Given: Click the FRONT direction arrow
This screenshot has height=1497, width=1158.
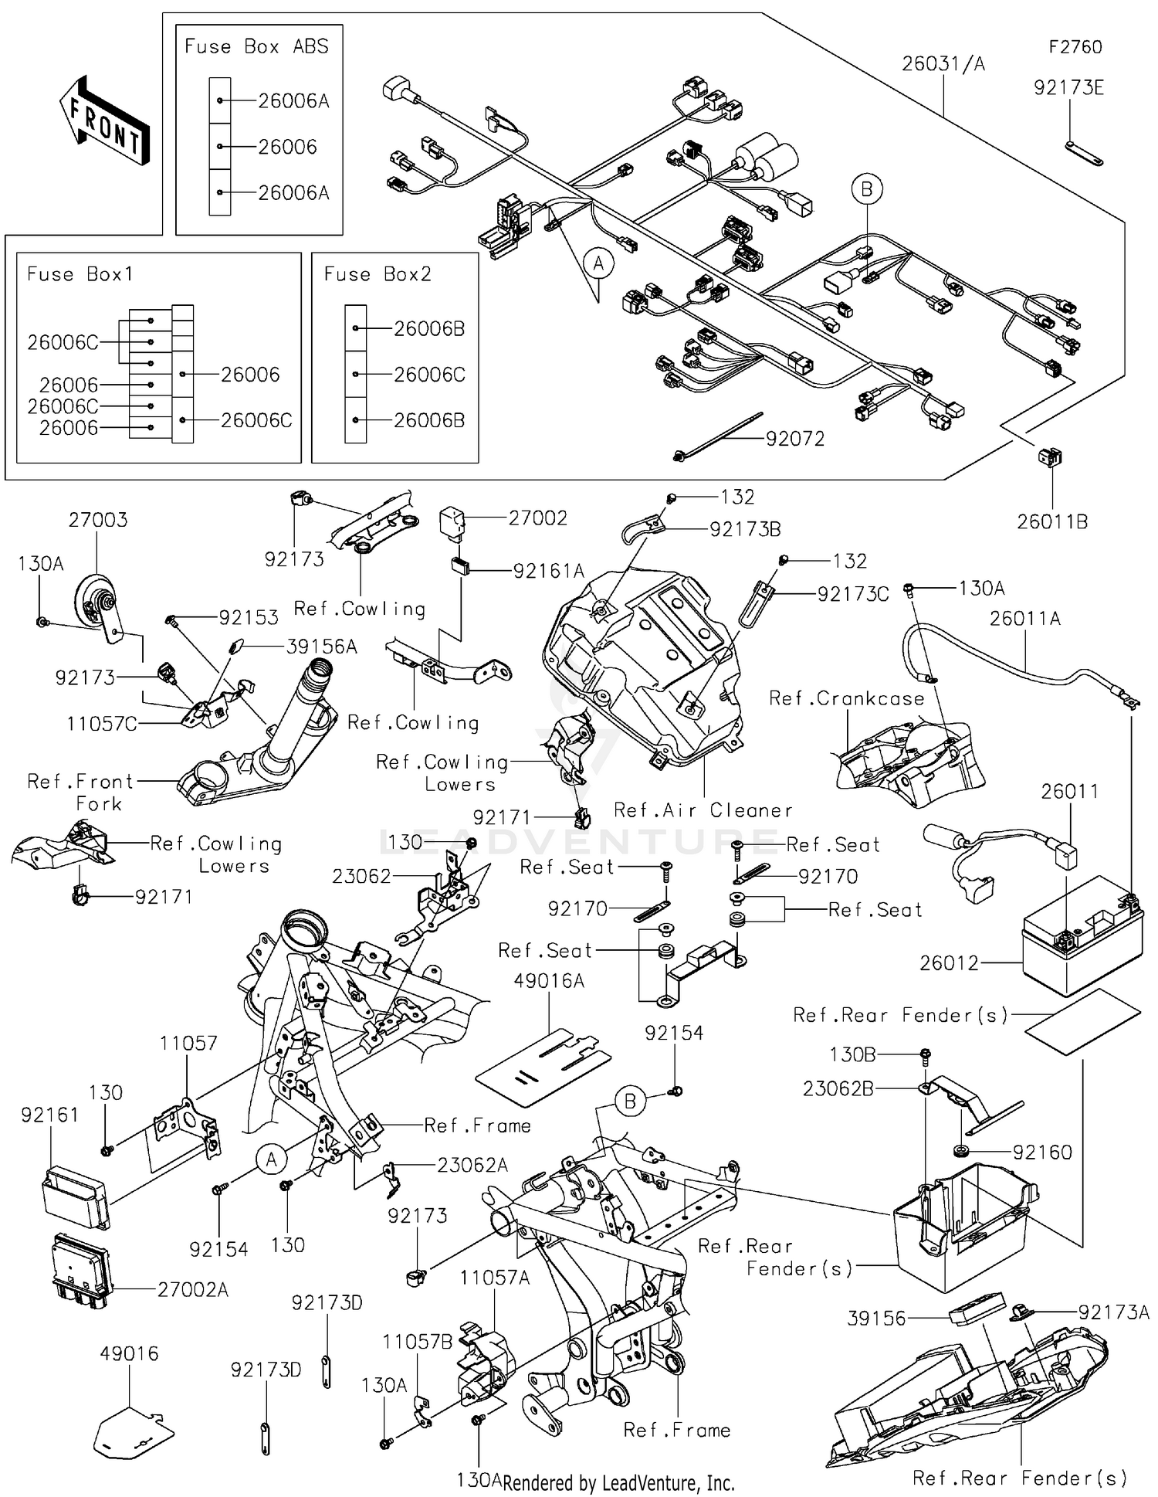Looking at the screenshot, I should [104, 121].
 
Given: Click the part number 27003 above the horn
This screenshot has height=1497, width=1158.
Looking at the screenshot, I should [98, 520].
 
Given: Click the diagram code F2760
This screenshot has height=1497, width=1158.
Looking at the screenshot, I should [1075, 47].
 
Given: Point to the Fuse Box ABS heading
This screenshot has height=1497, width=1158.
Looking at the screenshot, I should [256, 47].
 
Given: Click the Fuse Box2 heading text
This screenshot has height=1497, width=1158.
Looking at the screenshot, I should [378, 274].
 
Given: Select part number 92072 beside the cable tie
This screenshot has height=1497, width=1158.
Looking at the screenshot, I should [795, 439].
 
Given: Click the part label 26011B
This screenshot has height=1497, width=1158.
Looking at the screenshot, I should [1051, 522].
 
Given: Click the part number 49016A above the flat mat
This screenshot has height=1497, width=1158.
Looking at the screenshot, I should [549, 981].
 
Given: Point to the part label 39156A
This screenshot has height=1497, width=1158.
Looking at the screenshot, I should [321, 647].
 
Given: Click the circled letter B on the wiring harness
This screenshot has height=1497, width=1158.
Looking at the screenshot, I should [866, 189].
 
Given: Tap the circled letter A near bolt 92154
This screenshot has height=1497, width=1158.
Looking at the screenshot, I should [271, 1159].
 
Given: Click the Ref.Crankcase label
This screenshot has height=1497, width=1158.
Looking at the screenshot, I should [847, 699].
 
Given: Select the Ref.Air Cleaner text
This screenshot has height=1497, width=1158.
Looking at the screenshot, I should [703, 810].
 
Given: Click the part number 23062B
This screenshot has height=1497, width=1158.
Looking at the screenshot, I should [838, 1088].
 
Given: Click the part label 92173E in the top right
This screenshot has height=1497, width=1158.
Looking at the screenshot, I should [1068, 88].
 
